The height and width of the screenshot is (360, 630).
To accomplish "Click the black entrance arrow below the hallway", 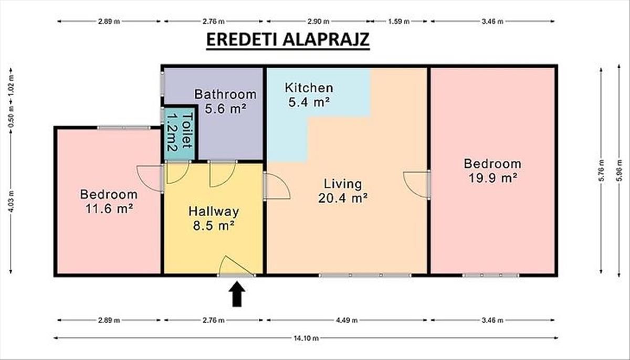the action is point(237,294).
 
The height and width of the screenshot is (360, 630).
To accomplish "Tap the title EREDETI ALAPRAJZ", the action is point(288,40).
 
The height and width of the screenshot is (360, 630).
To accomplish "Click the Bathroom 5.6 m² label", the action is point(225,101).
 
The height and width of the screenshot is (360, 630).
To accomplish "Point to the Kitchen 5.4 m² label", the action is point(309,95).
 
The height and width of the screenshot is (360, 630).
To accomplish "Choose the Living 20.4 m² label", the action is point(342,191).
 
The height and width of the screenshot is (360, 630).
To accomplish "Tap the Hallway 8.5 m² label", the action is point(214,218).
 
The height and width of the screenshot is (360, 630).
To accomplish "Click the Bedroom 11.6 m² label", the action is point(109,202).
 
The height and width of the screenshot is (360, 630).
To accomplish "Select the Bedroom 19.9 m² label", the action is point(492,171).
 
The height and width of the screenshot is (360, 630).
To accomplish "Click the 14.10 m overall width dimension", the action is point(306,338).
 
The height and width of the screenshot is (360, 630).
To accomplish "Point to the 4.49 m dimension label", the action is point(347,320).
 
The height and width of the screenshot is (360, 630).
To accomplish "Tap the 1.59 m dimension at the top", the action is point(399,22).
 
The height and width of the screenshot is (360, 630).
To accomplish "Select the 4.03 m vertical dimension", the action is point(10,202).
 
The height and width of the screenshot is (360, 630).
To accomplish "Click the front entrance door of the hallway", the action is point(236,266).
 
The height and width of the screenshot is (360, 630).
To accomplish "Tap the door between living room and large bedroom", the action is point(416,185).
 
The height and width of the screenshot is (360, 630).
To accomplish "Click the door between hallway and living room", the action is point(277,186).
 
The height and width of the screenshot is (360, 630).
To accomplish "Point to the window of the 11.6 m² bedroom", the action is point(124,128).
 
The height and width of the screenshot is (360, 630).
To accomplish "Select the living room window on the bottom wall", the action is point(365,276).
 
